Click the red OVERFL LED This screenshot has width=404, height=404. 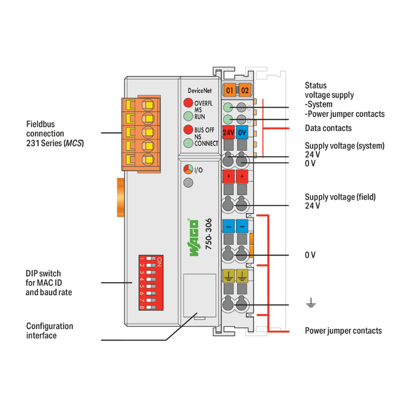[188, 103]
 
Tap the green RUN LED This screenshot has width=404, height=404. [188, 116]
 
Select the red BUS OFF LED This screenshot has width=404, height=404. [188, 130]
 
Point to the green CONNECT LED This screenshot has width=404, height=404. [188, 143]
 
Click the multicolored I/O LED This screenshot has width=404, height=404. [188, 169]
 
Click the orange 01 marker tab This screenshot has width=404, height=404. [230, 90]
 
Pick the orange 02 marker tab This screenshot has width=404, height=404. [245, 90]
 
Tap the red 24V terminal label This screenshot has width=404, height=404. [228, 131]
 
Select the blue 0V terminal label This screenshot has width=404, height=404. [242, 131]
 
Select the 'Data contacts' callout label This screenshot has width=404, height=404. [328, 128]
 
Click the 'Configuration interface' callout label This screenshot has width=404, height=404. [50, 331]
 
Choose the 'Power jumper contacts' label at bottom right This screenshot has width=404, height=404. [343, 331]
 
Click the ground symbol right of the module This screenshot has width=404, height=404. [310, 305]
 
